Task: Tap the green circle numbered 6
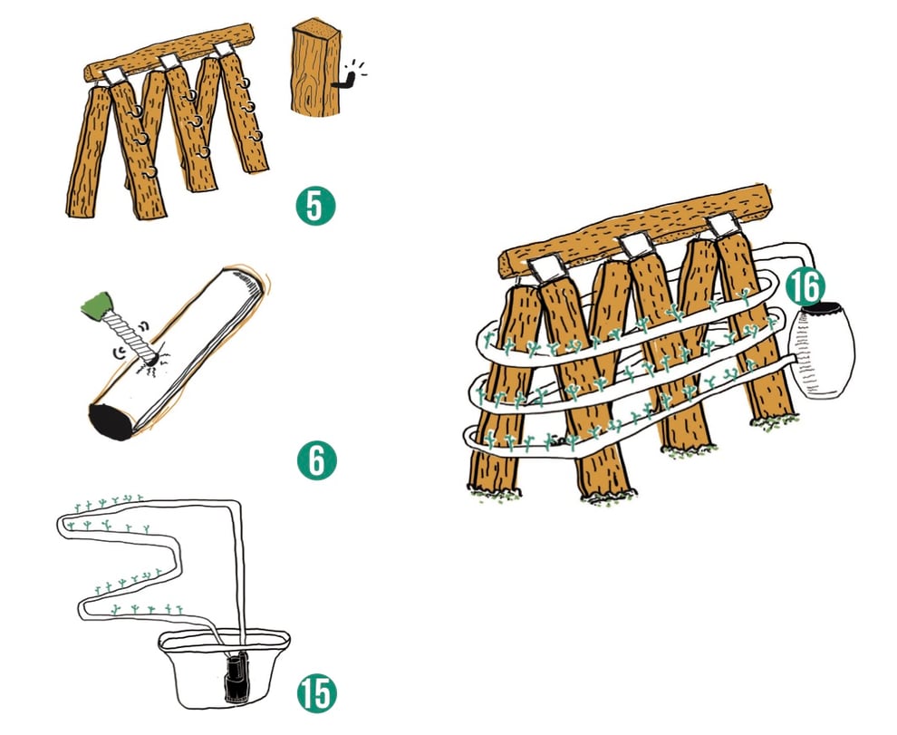[316, 460]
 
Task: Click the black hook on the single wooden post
[343, 82]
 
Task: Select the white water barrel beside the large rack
[824, 353]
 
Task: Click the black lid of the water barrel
[820, 308]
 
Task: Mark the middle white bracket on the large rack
[638, 245]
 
